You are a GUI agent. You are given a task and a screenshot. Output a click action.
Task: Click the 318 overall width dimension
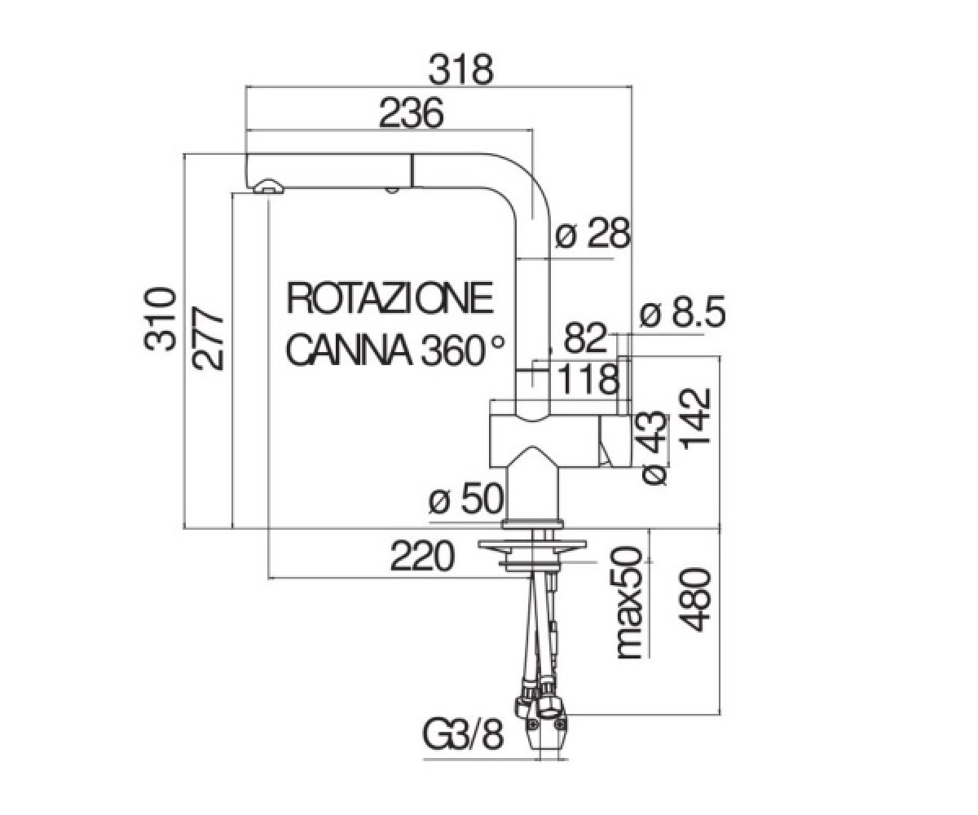tap(461, 70)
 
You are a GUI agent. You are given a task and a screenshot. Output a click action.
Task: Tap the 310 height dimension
tap(160, 319)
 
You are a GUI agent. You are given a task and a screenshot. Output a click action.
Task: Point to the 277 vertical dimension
tap(208, 338)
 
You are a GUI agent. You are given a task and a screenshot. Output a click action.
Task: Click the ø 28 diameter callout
tap(593, 233)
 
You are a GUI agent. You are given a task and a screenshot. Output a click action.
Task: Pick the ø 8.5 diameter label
tap(682, 311)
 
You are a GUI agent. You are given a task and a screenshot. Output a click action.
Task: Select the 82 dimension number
tap(585, 338)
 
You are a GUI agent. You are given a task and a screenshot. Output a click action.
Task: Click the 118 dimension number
tap(588, 380)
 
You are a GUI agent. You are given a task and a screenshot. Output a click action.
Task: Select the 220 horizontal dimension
tap(422, 556)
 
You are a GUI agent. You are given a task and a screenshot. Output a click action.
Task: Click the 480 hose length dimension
tap(695, 600)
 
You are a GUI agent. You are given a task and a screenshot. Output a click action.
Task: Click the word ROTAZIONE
tap(390, 298)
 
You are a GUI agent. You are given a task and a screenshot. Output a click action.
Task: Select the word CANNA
tap(349, 350)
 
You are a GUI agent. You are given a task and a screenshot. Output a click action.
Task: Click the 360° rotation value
tap(462, 349)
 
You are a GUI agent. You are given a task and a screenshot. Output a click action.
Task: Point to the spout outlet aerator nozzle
tap(267, 187)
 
